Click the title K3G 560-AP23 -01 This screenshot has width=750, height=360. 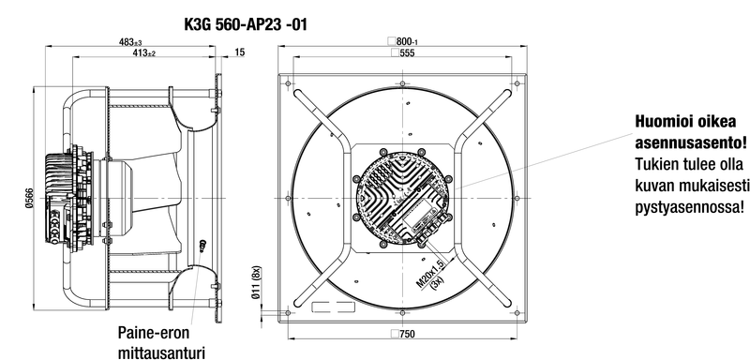coord(246,23)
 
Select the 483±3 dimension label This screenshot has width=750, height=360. coord(130,42)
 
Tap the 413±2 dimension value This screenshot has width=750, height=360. coord(144,53)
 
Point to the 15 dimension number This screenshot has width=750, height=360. coord(240,52)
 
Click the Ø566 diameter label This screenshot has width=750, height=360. coord(29,198)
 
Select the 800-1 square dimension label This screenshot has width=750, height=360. coord(403,42)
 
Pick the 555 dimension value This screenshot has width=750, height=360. coord(403,53)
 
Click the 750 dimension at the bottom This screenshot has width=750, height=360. coord(403,334)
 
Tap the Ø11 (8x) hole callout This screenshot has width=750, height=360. coord(256,282)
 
